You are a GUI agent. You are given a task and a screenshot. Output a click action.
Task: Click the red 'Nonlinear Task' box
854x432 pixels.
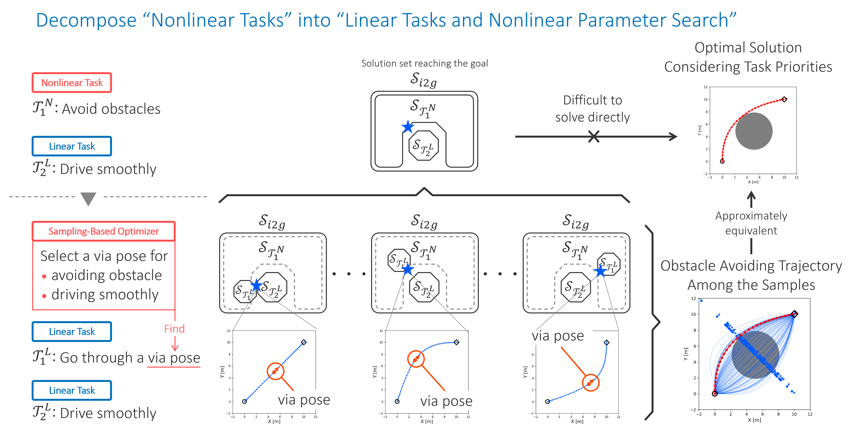[72, 82]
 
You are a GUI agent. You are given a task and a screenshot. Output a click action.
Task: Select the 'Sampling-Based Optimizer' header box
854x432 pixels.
[103, 231]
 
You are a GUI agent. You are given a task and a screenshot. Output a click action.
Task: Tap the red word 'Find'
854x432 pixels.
[174, 329]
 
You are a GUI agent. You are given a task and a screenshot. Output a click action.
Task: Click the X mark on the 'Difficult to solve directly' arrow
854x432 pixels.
[594, 136]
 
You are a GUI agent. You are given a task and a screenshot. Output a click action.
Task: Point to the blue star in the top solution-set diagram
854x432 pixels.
[407, 127]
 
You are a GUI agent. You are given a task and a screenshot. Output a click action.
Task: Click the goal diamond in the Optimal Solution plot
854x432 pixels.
[784, 99]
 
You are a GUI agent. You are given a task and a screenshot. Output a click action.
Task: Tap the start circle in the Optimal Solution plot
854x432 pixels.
[722, 161]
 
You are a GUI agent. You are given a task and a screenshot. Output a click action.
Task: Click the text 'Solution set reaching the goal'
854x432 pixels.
[424, 63]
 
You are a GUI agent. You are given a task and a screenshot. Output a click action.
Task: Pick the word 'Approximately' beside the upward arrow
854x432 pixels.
[751, 216]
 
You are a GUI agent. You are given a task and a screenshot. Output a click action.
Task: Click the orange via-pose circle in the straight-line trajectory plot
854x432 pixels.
[275, 371]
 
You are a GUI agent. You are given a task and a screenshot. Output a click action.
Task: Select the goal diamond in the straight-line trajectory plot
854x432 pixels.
[304, 342]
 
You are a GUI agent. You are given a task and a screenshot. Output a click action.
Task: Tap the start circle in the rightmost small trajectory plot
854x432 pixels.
[548, 402]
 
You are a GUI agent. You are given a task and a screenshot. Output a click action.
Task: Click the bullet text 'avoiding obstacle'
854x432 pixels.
[106, 275]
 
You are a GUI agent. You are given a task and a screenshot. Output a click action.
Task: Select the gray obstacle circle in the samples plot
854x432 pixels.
[755, 355]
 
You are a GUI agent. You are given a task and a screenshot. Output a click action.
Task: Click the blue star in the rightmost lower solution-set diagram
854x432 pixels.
[600, 271]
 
